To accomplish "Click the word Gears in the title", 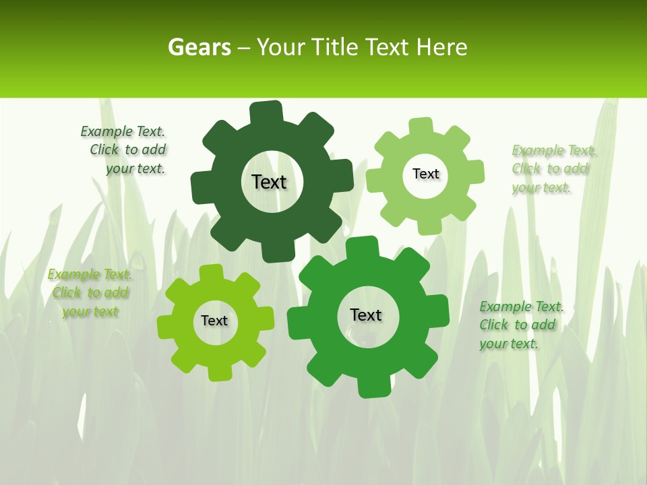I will pyautogui.click(x=199, y=47).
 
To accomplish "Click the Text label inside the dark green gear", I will pyautogui.click(x=269, y=182).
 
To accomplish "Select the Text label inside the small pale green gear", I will pyautogui.click(x=425, y=174).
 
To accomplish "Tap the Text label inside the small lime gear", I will pyautogui.click(x=214, y=321).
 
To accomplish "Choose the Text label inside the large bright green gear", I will pyautogui.click(x=366, y=315).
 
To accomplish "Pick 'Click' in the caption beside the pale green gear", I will pyautogui.click(x=527, y=168).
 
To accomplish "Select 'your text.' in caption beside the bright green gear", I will pyautogui.click(x=509, y=344).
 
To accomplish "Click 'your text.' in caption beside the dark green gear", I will pyautogui.click(x=135, y=168).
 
